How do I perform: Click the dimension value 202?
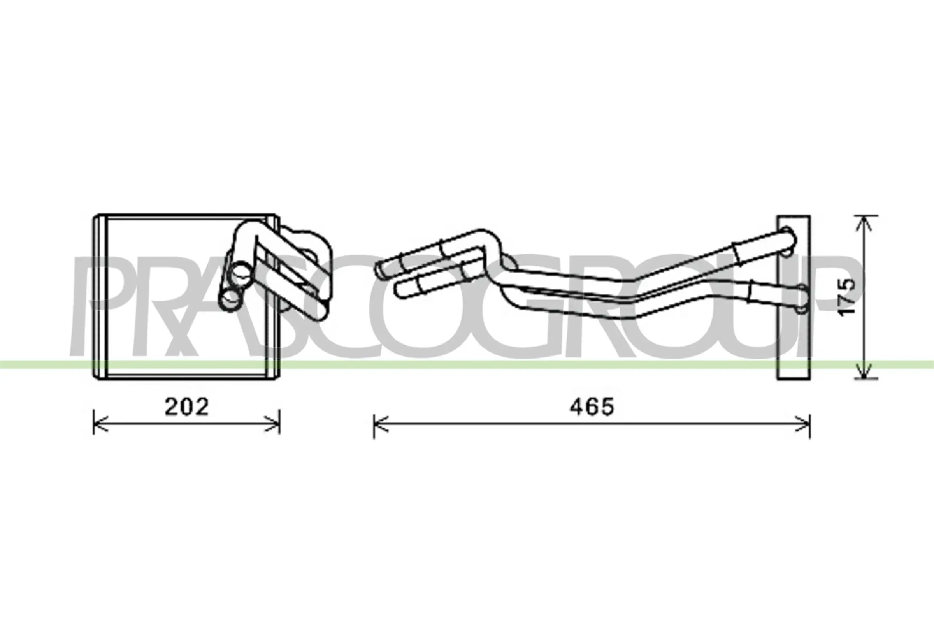pos(187,407)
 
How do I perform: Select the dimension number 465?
pos(592,407)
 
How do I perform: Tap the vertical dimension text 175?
pos(847,296)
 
